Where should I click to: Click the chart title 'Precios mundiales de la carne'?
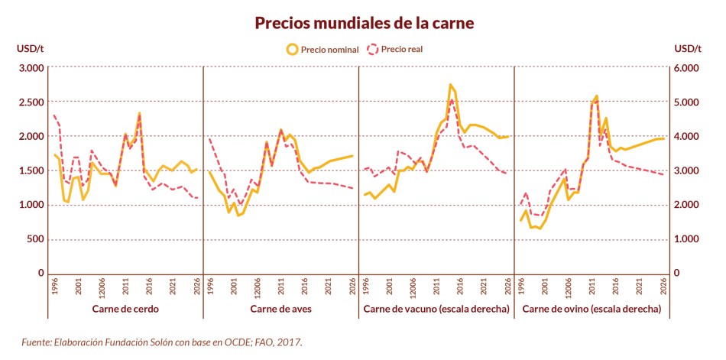coord(364,23)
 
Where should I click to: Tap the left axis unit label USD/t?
coord(31,49)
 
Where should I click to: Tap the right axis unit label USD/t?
coord(688,49)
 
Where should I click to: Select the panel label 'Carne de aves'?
coord(280,309)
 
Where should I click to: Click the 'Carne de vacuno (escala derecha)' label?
coord(435,309)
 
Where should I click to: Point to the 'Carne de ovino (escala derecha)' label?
coord(591,309)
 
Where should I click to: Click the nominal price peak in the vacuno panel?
coord(450,85)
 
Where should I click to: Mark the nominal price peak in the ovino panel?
coord(596,96)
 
